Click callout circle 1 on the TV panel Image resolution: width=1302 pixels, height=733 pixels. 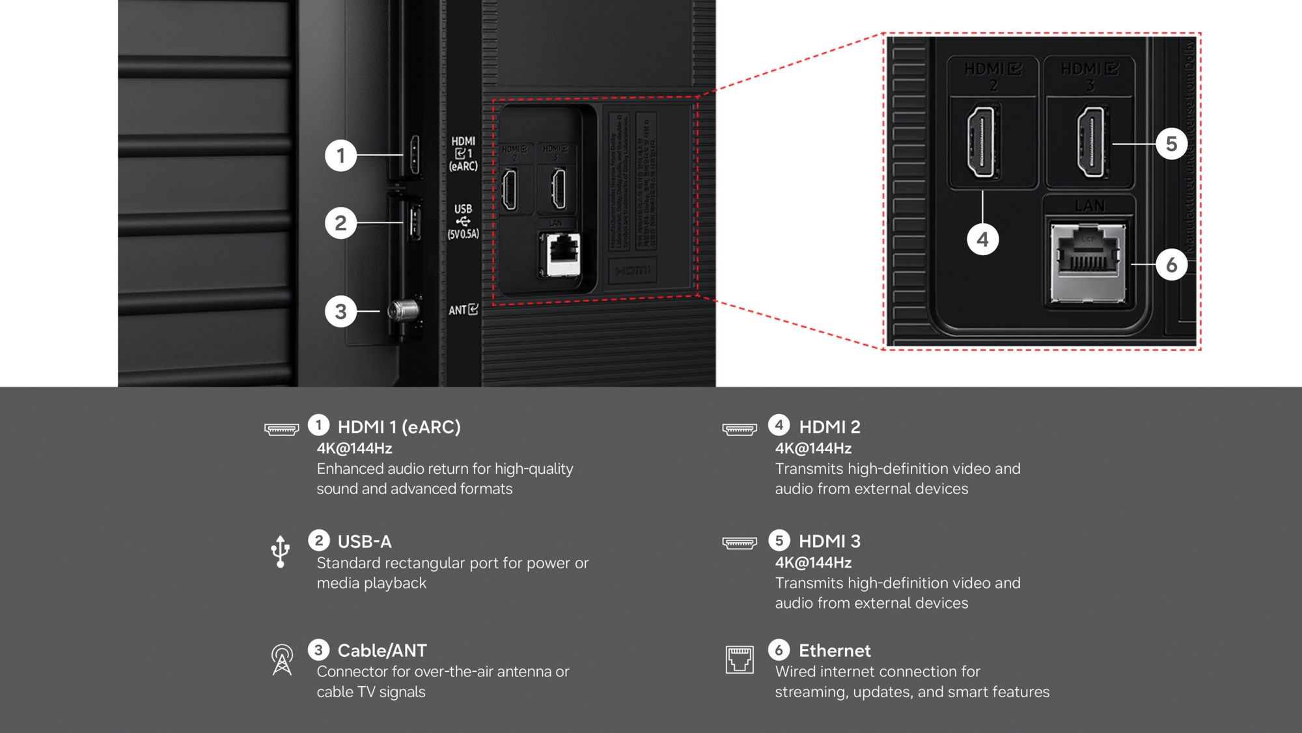click(x=340, y=156)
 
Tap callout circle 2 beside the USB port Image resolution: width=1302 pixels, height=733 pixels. click(x=340, y=223)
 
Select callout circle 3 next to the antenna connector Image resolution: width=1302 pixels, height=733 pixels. click(x=340, y=311)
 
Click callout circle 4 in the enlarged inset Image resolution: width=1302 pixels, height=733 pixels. click(x=982, y=240)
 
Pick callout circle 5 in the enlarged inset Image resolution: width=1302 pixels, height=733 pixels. click(x=1171, y=144)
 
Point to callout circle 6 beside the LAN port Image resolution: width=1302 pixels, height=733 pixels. click(x=1171, y=265)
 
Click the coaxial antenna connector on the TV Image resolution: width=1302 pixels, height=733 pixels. click(x=404, y=311)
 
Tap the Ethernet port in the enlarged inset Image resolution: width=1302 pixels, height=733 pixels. click(x=1088, y=262)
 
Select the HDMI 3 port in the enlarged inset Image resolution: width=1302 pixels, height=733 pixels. click(x=1091, y=142)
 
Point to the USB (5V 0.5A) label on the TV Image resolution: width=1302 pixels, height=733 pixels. click(x=463, y=221)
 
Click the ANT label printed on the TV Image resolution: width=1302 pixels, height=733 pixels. click(x=463, y=310)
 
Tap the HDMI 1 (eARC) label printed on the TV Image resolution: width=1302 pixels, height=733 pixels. click(x=463, y=154)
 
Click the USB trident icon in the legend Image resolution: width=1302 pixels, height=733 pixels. click(x=281, y=551)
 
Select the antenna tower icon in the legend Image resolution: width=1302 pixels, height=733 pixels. click(x=282, y=659)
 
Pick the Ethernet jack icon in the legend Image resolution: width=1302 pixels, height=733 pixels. click(x=740, y=659)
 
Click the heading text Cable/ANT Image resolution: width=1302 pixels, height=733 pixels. click(x=382, y=650)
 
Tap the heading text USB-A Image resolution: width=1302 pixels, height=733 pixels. click(x=365, y=542)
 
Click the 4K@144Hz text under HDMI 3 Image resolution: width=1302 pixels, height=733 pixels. click(x=813, y=562)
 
